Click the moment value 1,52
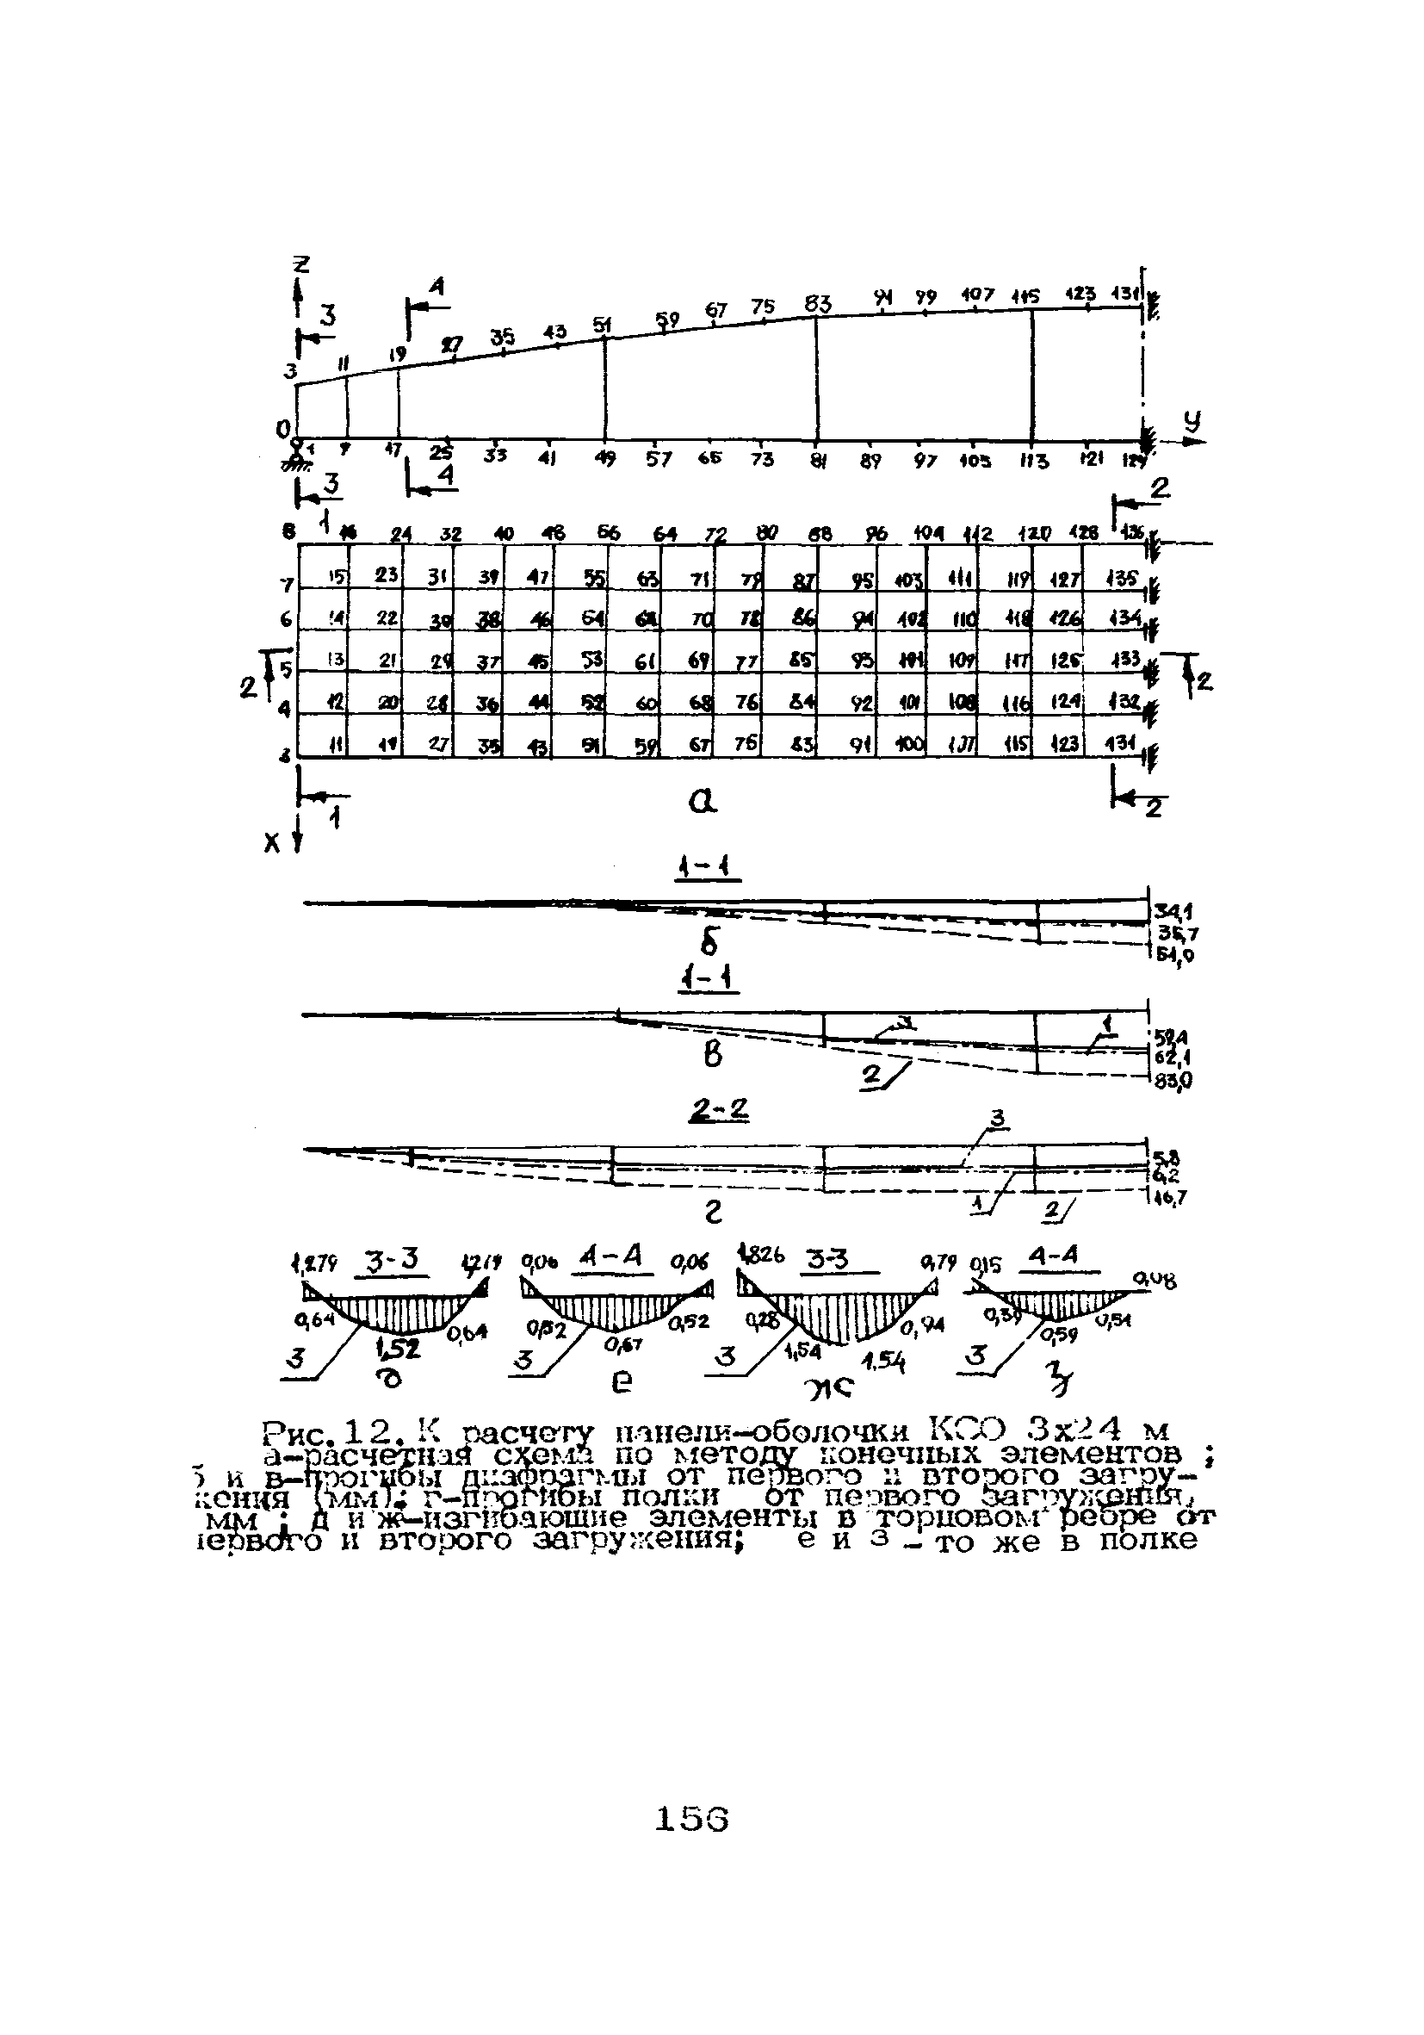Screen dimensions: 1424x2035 coord(398,1348)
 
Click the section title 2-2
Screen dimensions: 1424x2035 coord(720,1111)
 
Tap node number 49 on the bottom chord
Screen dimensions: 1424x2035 coord(605,459)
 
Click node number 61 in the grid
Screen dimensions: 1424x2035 coord(644,661)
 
